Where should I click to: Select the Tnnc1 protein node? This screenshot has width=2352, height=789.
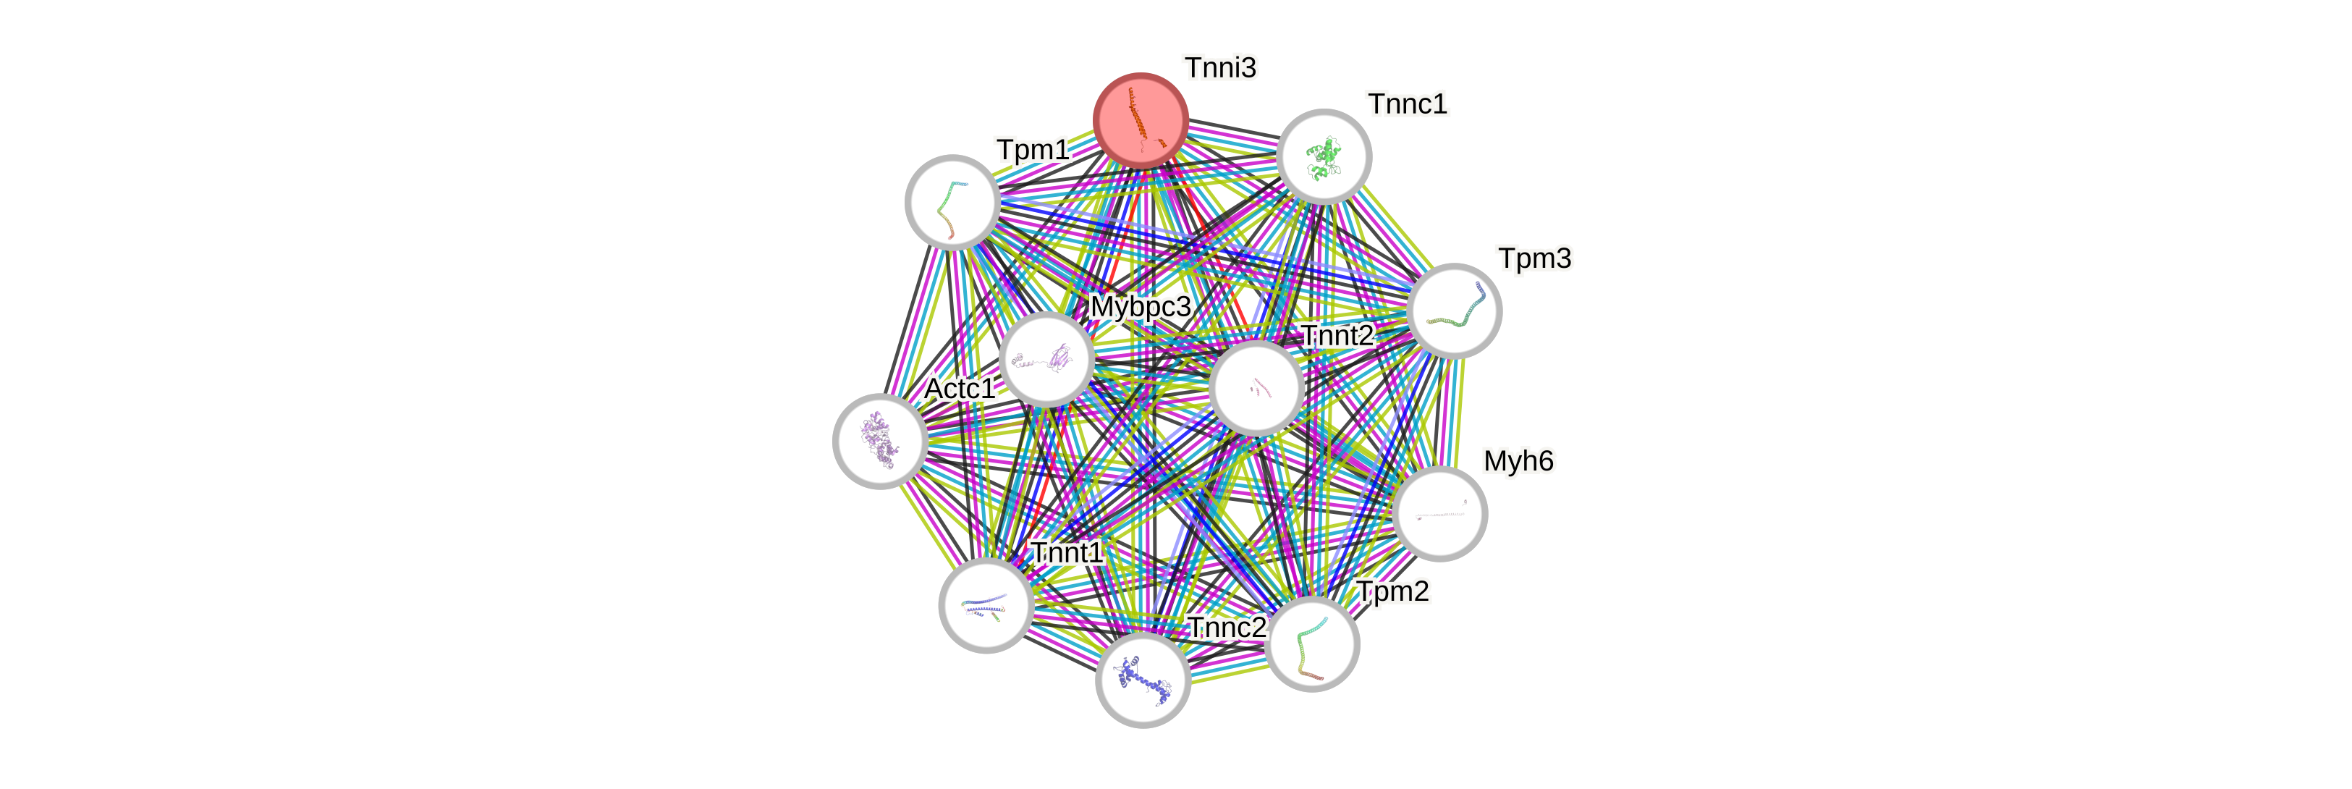click(1324, 156)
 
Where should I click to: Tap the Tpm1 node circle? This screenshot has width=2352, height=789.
click(952, 202)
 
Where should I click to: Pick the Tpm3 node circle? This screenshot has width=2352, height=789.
click(1454, 311)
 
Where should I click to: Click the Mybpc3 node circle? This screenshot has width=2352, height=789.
click(1046, 359)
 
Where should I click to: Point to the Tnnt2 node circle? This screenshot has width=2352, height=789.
click(1256, 387)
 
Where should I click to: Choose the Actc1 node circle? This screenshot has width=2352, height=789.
click(880, 441)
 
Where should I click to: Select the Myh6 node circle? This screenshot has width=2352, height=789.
click(1440, 513)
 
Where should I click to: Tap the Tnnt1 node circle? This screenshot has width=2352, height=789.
click(986, 605)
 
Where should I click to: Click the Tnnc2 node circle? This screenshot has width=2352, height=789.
click(1142, 680)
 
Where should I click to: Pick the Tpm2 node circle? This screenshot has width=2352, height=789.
click(1312, 644)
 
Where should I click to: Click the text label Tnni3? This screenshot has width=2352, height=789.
click(1220, 67)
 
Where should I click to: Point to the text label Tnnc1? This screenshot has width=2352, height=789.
click(1407, 104)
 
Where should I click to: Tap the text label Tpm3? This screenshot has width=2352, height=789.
click(1535, 258)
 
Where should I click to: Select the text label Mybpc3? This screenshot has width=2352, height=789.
click(1141, 307)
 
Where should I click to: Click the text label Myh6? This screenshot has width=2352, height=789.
click(1518, 461)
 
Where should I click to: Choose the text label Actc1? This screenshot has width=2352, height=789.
click(959, 388)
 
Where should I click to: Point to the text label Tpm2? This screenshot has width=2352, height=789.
click(1392, 592)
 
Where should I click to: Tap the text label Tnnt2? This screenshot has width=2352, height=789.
click(1337, 336)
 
